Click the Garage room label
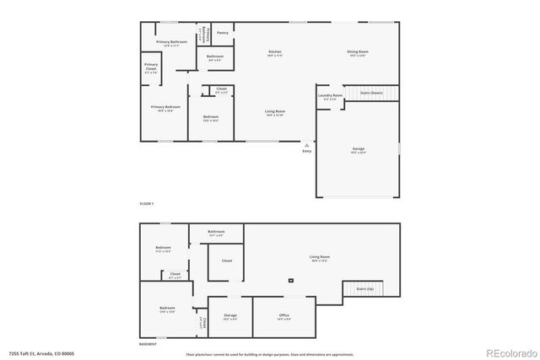point(359,151)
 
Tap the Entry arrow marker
point(306,144)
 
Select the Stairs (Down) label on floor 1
point(370,93)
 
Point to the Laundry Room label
point(330,97)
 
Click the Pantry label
point(222,33)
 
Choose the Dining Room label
point(357,53)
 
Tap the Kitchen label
point(275,53)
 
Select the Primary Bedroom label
point(166,109)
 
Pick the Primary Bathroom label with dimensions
point(171,43)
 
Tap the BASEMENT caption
point(149,344)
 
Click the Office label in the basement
point(284,316)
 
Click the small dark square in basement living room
point(291,279)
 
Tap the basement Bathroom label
point(217,233)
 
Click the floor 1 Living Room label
point(275,112)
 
